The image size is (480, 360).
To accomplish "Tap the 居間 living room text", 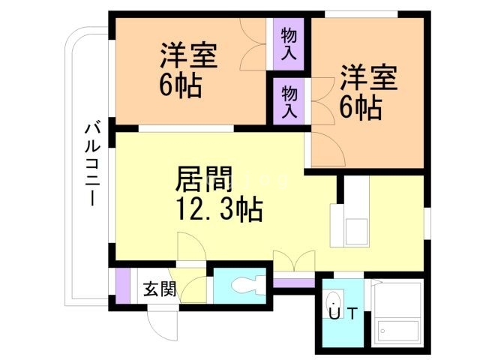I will point(203,180).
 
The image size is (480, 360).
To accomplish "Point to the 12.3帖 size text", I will point(218,209).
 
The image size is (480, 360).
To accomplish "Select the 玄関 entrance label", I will point(160,289).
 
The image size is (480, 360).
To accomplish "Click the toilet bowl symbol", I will point(247,286).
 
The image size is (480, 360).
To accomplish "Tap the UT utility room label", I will point(342,314).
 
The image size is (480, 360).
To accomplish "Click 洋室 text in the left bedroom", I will point(188,56).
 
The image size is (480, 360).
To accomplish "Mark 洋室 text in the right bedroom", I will point(368,78).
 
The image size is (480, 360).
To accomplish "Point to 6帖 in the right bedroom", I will point(360,108).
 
